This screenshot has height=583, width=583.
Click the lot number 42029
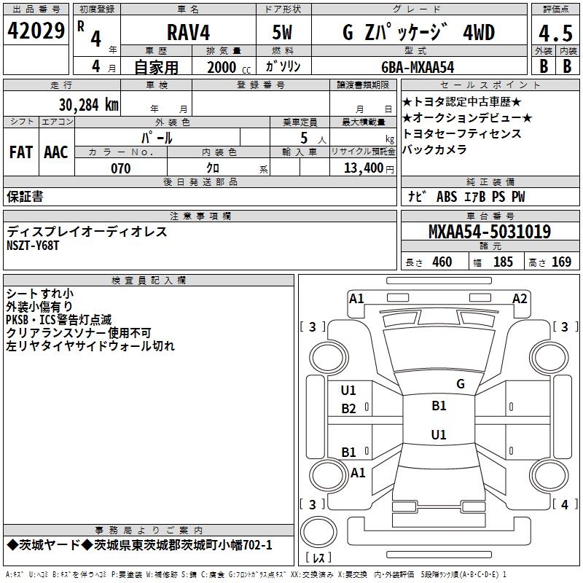click(36, 31)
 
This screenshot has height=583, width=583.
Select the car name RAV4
click(188, 32)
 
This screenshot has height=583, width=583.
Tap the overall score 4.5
click(555, 34)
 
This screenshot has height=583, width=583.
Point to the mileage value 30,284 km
click(88, 105)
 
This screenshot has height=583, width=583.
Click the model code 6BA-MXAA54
click(418, 67)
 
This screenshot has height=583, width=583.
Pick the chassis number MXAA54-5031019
click(489, 231)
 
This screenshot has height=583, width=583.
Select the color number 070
click(120, 168)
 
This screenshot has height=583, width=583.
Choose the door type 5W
click(282, 32)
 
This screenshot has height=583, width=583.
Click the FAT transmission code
click(21, 152)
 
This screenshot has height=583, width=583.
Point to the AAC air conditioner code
click(56, 152)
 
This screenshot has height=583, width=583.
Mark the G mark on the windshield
click(461, 383)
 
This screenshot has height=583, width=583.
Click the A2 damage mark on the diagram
click(520, 299)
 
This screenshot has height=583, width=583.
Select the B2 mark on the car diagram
click(348, 409)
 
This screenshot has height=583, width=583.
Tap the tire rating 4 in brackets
click(565, 504)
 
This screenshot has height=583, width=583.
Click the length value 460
click(442, 262)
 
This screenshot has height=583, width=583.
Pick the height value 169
click(561, 262)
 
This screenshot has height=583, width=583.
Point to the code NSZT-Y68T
click(33, 246)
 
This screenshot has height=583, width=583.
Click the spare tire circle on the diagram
click(318, 532)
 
